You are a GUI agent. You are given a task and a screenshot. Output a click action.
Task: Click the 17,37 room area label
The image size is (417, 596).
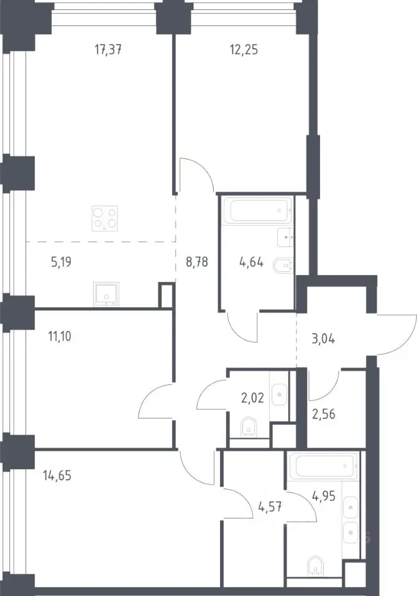(x=108, y=50)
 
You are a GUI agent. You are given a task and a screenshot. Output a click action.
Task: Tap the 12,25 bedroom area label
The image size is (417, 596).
(x=244, y=50)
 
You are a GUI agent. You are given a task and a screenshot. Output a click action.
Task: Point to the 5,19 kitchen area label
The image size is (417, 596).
(x=62, y=262)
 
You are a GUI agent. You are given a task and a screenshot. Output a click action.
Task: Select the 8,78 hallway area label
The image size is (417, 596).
(x=197, y=262)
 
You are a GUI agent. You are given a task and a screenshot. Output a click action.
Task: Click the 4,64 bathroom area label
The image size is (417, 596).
(x=252, y=262)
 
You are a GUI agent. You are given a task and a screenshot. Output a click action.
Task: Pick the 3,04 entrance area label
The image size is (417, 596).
(x=323, y=338)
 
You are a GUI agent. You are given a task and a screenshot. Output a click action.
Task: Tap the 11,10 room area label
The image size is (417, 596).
(x=60, y=336)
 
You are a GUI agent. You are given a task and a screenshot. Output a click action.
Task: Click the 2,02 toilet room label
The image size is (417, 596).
(x=253, y=398)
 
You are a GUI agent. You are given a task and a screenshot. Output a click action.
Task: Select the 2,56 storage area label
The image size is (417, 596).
(x=324, y=414)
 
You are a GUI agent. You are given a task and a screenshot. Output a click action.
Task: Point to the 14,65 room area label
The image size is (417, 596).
(x=57, y=476)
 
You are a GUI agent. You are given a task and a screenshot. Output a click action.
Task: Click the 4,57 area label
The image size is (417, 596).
(x=270, y=507)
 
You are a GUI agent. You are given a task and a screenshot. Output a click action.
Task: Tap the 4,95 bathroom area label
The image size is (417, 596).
(x=324, y=496)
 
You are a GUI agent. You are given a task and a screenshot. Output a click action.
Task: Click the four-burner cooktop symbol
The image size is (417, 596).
(x=104, y=219)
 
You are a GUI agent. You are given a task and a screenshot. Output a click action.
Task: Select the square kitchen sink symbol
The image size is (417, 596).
(x=106, y=294)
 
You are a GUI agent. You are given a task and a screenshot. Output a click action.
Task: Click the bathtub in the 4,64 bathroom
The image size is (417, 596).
(x=259, y=210)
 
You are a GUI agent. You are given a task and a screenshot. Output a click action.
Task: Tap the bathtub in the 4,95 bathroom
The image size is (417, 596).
(x=324, y=465)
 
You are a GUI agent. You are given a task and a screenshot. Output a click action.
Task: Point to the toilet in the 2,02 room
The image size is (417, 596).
(x=249, y=428)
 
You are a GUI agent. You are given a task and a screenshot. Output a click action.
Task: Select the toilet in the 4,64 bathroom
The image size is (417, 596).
(x=283, y=265)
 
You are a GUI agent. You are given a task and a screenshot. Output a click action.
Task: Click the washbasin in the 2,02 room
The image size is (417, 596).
(x=280, y=395)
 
